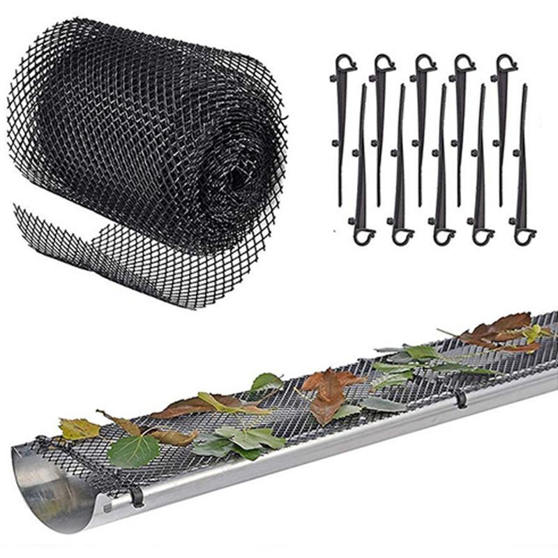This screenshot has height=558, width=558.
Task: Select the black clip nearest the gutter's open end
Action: point(136,495)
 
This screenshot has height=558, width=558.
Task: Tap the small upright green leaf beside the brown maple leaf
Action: point(266,382)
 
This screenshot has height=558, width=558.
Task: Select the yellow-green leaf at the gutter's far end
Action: point(534,333)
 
